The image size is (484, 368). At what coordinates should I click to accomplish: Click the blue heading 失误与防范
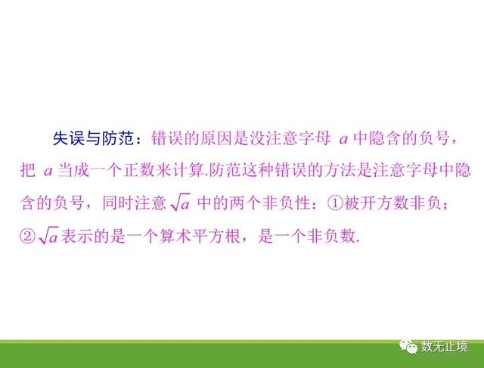pyautogui.click(x=94, y=138)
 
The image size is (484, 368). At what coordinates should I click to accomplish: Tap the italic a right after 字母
pyautogui.click(x=343, y=140)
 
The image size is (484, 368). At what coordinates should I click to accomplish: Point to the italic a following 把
pyautogui.click(x=48, y=172)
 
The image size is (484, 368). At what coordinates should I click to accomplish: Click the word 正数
pyautogui.click(x=138, y=170)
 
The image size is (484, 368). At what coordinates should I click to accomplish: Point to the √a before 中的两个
pyautogui.click(x=180, y=203)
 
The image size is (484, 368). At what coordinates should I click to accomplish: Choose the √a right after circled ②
pyautogui.click(x=48, y=237)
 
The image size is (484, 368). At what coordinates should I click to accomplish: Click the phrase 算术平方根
pyautogui.click(x=200, y=237)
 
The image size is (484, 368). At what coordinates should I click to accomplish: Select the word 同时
pyautogui.click(x=118, y=203)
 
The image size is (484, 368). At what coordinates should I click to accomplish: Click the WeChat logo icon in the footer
pyautogui.click(x=408, y=347)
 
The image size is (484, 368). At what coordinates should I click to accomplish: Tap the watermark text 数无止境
pyautogui.click(x=445, y=347)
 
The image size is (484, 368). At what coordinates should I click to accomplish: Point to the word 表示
pyautogui.click(x=76, y=237)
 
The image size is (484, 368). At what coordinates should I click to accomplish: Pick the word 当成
pyautogui.click(x=73, y=170)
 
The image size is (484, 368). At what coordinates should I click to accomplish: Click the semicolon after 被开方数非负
pyautogui.click(x=445, y=205)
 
